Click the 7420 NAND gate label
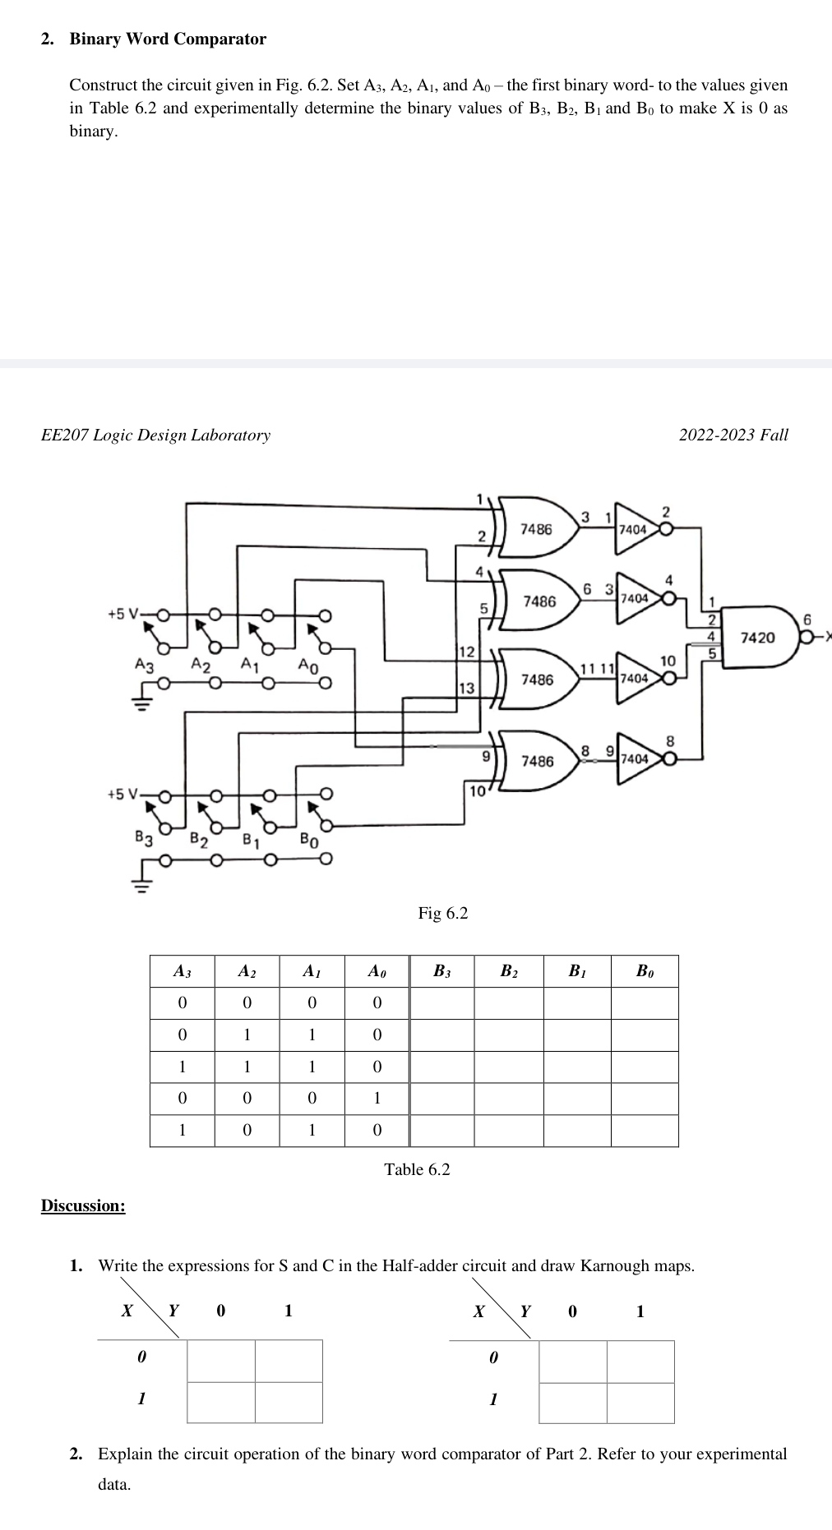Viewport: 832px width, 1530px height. click(756, 638)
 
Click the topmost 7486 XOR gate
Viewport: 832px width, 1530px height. click(536, 529)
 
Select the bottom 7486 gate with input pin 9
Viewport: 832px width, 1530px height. click(537, 761)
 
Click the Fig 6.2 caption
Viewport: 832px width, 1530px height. click(442, 913)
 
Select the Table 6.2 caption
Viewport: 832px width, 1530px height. click(417, 1169)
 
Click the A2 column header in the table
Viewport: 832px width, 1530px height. click(247, 971)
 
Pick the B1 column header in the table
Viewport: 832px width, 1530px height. click(577, 971)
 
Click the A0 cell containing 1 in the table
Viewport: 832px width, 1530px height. click(377, 1099)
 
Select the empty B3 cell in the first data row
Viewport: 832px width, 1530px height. click(442, 1003)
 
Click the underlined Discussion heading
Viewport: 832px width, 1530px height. click(83, 1205)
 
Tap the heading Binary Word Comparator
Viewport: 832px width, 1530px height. click(168, 39)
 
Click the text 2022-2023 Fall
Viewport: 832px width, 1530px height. click(733, 435)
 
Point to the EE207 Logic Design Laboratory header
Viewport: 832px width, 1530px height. click(155, 435)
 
